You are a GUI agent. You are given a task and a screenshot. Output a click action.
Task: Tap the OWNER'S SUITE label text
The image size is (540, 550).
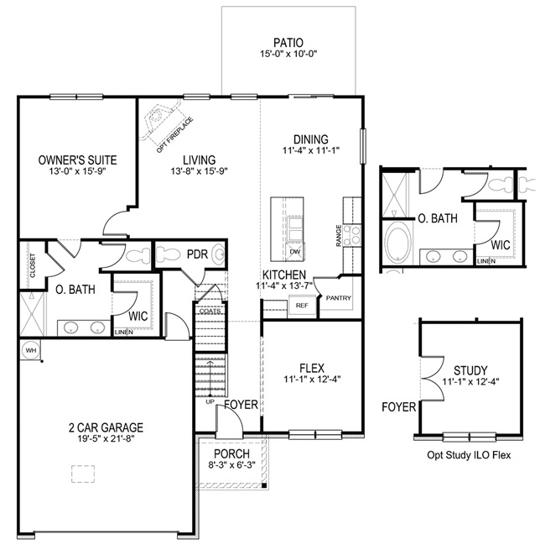tap(77, 160)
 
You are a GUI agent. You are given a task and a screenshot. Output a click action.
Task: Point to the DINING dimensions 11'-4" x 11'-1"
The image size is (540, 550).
tap(310, 152)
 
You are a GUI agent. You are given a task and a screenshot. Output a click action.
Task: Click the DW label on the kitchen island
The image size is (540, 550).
tap(294, 251)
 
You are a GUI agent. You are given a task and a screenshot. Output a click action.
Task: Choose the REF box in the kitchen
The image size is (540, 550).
tap(302, 306)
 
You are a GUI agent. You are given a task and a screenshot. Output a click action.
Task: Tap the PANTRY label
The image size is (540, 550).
tap(339, 298)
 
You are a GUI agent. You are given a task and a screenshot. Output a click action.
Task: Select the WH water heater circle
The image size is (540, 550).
tap(30, 350)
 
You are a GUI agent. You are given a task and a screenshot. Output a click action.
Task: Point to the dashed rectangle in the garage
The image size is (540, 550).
tap(84, 474)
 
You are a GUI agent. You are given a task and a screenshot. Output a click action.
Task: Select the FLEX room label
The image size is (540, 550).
tap(312, 367)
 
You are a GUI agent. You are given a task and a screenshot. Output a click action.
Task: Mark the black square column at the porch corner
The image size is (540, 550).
tap(264, 485)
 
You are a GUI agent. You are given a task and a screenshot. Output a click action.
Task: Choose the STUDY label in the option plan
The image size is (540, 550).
tap(470, 369)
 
